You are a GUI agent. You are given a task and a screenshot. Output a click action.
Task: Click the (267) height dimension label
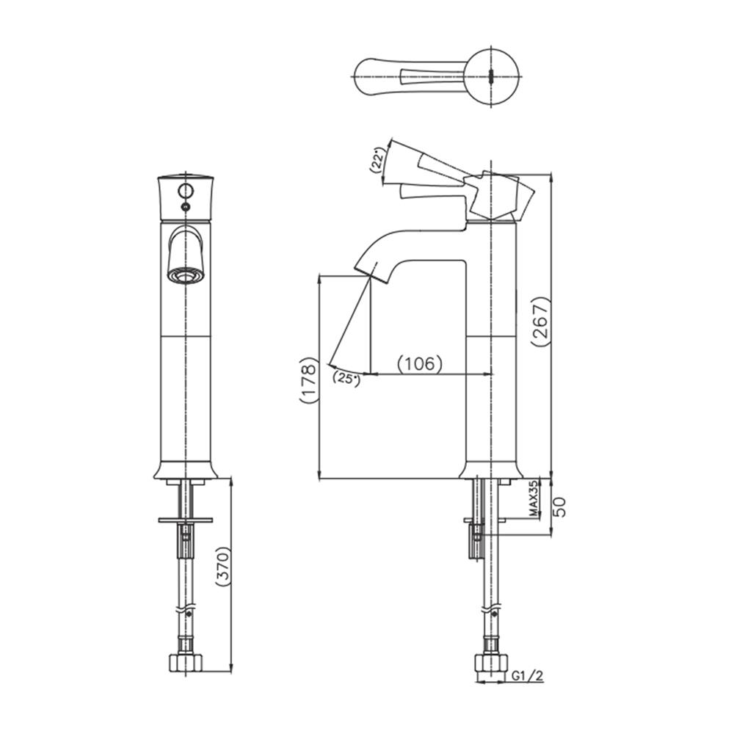click(540, 321)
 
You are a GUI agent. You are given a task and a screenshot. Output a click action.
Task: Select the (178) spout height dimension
click(308, 381)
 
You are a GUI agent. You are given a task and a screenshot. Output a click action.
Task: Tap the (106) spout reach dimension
click(419, 363)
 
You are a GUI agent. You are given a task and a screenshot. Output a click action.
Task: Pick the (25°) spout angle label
click(345, 379)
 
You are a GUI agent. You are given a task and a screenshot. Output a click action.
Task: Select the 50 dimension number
click(559, 506)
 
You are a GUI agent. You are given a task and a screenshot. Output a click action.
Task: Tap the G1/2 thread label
click(527, 675)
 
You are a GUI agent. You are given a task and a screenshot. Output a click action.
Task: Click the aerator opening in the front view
click(185, 276)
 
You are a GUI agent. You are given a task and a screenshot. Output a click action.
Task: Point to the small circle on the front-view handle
click(185, 192)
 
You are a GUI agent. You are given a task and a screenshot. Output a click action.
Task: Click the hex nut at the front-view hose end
click(185, 661)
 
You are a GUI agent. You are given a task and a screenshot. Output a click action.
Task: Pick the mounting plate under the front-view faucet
click(185, 520)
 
